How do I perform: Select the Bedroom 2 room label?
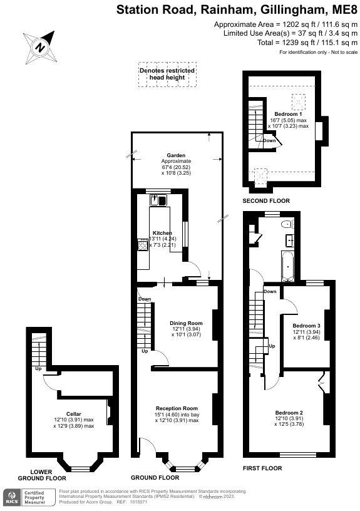tap(289, 412)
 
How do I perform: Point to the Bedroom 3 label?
tap(306, 326)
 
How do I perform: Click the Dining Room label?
tap(187, 323)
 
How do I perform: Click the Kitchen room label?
tap(162, 233)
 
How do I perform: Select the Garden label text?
tap(175, 155)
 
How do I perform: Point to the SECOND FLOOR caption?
tap(266, 201)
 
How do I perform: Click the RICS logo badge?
tap(12, 497)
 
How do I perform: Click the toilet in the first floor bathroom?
tap(287, 224)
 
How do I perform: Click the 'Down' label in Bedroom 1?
tap(269, 140)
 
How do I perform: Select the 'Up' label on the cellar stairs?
tap(38, 368)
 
